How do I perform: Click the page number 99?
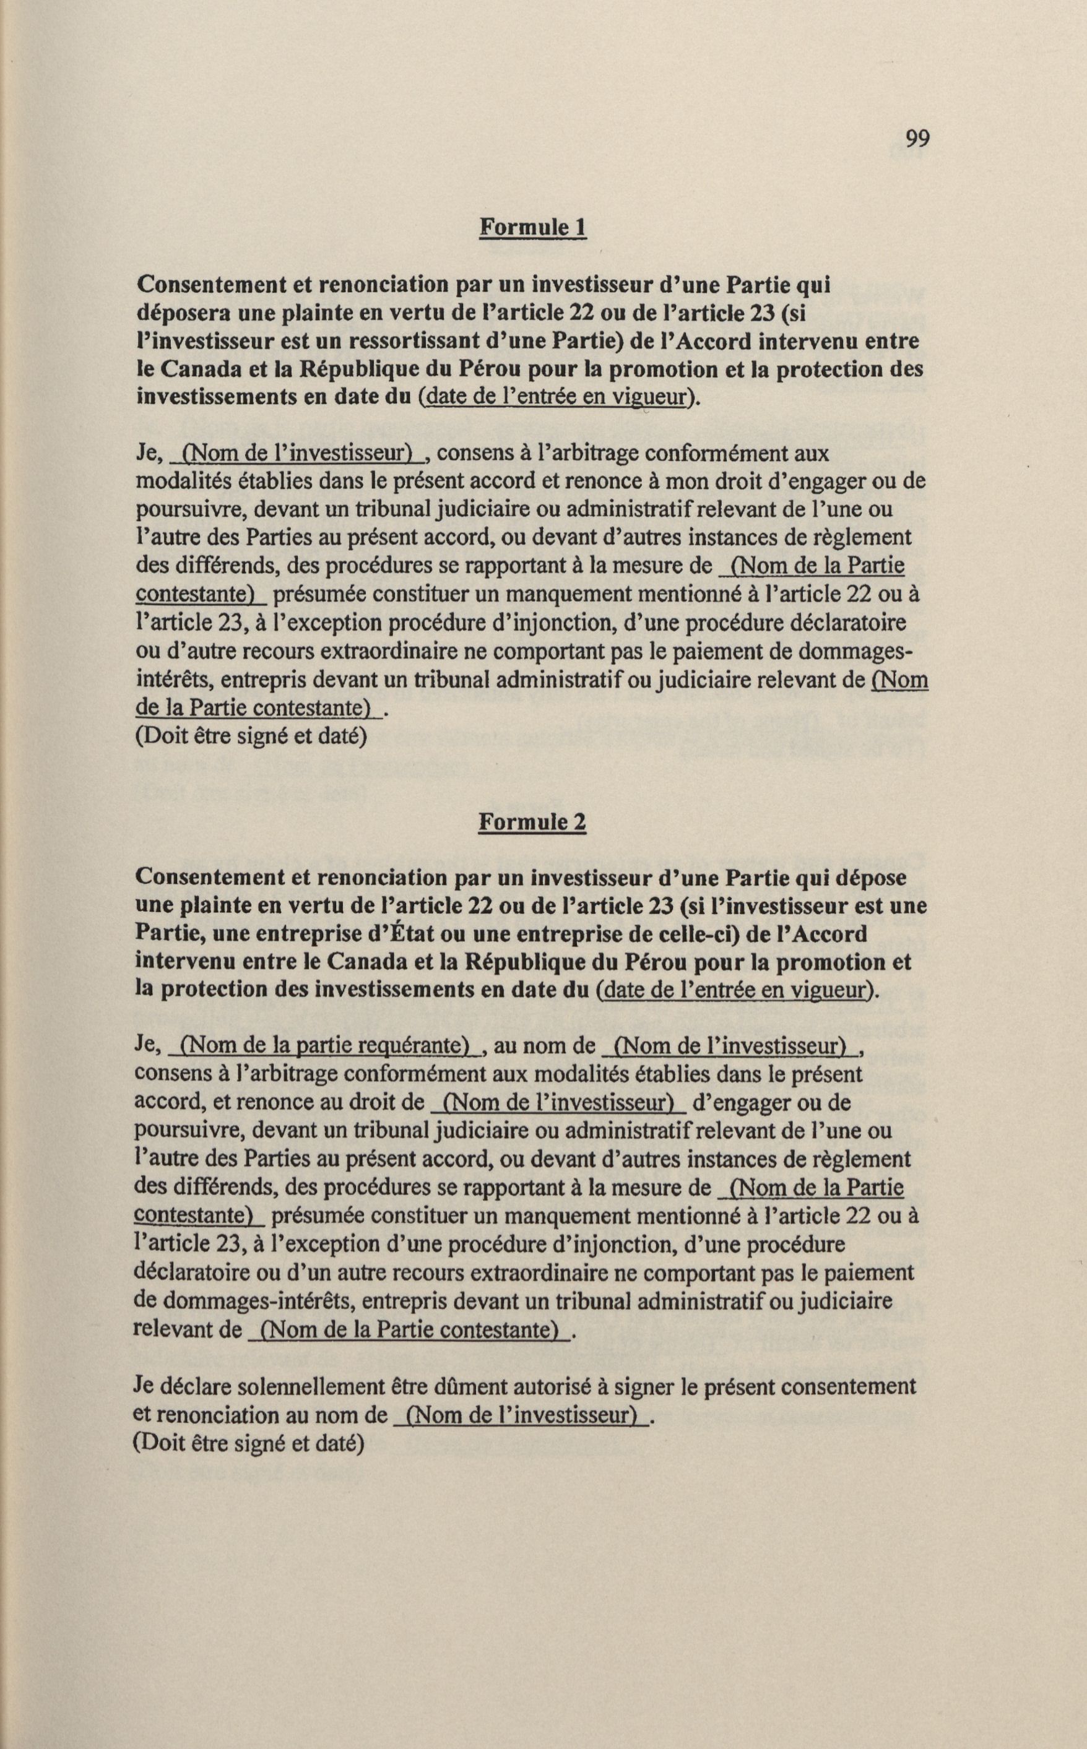pyautogui.click(x=917, y=138)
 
